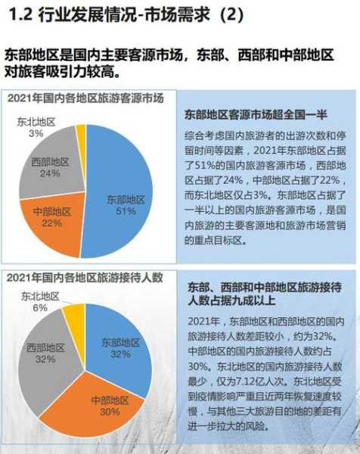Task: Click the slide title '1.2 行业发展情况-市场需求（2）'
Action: point(126,15)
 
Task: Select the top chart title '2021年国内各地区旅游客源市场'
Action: point(85,98)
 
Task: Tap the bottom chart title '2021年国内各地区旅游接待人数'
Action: point(85,278)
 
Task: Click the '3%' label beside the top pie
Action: point(36,133)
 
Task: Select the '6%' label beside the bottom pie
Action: point(40,308)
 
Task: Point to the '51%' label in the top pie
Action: point(126,211)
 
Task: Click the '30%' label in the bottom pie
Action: point(110,412)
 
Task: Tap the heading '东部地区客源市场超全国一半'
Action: point(256,115)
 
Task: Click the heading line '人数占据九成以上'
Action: point(231,301)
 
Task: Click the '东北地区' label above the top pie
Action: point(36,122)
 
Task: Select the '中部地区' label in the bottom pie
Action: point(110,400)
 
